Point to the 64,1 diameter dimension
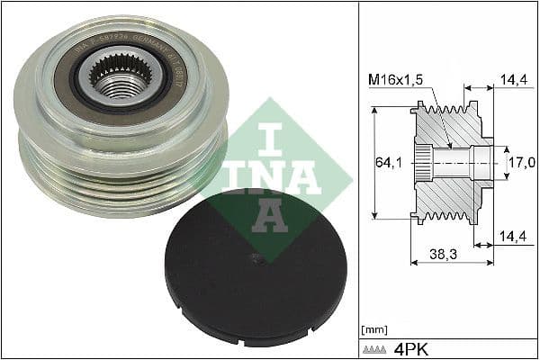point(384,163)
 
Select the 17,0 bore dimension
point(522,163)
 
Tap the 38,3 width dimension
point(443,256)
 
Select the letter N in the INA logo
point(270,176)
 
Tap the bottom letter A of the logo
point(270,215)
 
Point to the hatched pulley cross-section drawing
point(450,163)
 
